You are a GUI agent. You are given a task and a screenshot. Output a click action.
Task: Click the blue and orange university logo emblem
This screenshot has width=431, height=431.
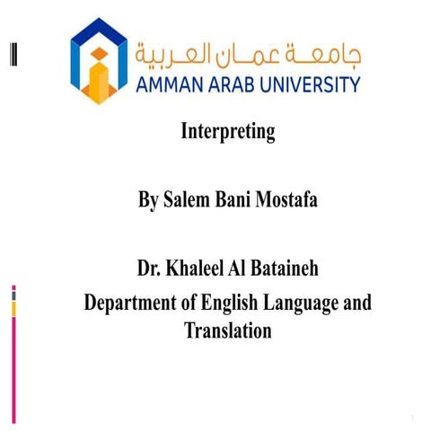tap(100, 60)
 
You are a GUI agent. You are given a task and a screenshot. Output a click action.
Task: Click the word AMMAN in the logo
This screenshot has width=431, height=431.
tap(175, 85)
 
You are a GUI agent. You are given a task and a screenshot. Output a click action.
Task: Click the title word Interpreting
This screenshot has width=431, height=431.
tap(227, 133)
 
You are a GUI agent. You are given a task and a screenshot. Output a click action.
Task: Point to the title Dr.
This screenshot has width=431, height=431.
tap(148, 269)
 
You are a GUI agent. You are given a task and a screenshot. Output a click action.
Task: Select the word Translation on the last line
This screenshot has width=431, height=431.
tap(227, 330)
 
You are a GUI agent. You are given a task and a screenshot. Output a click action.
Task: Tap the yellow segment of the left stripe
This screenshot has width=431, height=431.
tap(13, 308)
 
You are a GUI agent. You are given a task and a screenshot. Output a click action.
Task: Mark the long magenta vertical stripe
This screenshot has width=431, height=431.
tap(13, 368)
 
